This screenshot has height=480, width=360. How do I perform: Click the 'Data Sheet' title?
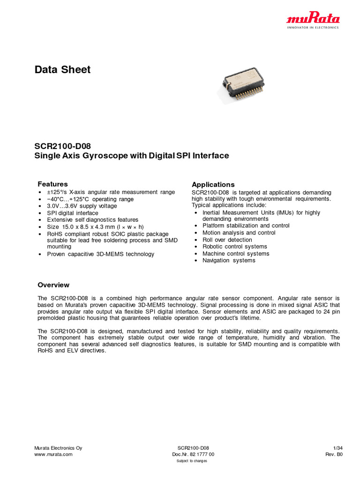point(62,70)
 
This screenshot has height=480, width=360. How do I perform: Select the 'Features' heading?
point(52,184)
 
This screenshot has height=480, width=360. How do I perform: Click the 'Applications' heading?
point(213,185)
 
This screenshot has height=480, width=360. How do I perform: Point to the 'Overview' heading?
point(53,285)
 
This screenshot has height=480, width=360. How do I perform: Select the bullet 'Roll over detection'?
point(227,240)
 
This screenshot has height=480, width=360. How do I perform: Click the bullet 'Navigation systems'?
point(229,261)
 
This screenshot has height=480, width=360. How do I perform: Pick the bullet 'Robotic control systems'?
point(234,247)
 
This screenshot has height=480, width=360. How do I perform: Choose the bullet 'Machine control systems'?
point(236,254)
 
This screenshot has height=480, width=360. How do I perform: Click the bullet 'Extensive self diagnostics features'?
point(92,220)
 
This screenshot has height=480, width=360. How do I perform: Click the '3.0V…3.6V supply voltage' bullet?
point(82,206)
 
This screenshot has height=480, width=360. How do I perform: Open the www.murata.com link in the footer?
point(54,454)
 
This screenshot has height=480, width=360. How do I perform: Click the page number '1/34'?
point(337,448)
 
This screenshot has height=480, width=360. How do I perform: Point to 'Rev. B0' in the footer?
point(334,454)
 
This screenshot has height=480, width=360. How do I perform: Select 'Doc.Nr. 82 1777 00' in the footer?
point(193,454)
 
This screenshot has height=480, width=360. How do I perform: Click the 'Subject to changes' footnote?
point(192,461)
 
